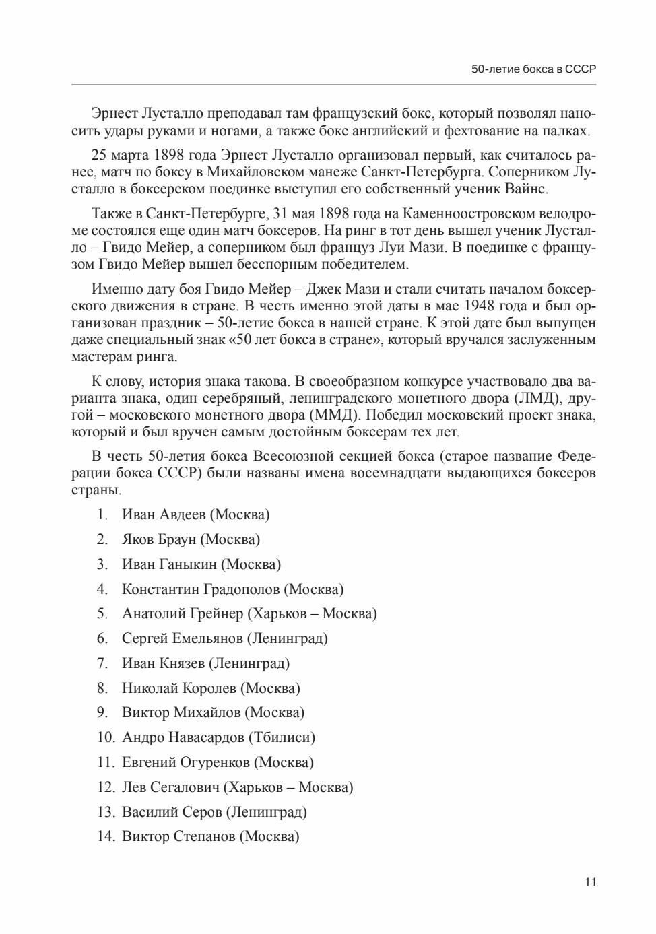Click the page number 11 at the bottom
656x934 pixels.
coord(591,881)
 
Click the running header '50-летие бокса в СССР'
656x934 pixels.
coord(533,69)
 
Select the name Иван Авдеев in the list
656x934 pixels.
coord(164,514)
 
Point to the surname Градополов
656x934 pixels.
coord(239,589)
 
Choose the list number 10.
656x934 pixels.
coord(106,737)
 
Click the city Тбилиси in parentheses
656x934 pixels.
coord(282,737)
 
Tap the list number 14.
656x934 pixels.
coord(106,837)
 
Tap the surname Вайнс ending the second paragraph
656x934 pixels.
coord(526,189)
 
